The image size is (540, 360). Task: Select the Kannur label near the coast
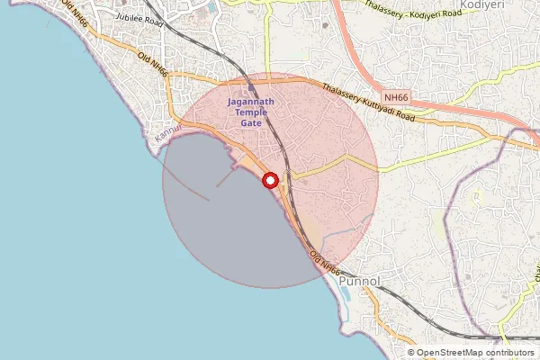point(168,134)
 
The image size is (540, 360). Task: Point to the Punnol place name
point(362,282)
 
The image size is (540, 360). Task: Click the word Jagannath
point(252,103)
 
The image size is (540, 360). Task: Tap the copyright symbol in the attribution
point(410,353)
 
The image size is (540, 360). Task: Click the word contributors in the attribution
point(510,353)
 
